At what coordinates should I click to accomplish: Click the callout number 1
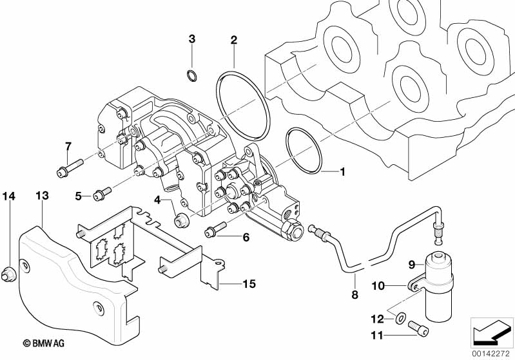(x=343, y=172)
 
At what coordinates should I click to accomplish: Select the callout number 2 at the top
(x=234, y=40)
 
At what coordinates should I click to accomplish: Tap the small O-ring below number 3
(x=191, y=77)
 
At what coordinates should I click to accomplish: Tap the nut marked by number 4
(x=182, y=219)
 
